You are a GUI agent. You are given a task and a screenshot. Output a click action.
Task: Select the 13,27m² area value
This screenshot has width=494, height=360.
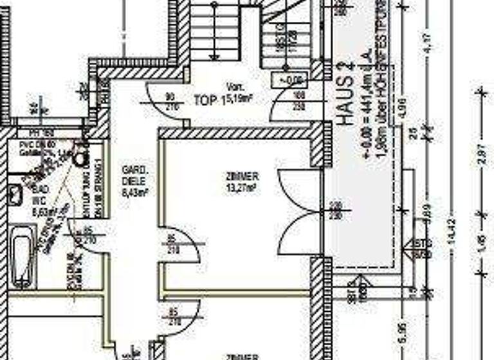click(x=242, y=188)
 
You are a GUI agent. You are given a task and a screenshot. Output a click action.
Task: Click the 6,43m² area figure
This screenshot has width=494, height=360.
click(x=136, y=191)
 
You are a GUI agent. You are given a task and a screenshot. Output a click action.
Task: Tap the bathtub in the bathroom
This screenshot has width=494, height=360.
click(x=23, y=261)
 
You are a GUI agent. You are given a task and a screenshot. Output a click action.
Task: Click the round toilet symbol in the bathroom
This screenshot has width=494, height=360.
click(x=80, y=157)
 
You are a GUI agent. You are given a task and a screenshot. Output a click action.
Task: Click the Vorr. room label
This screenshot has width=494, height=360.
click(x=233, y=87)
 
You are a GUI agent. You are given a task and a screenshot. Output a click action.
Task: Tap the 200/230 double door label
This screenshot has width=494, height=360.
click(x=334, y=211)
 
